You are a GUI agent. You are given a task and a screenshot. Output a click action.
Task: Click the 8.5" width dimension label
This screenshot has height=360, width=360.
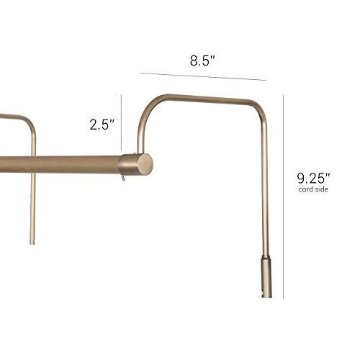coord(203,60)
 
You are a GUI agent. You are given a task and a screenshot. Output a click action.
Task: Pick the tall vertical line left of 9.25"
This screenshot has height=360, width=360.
coord(283,194)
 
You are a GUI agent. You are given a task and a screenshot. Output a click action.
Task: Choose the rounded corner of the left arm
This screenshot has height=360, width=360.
coord(30,124)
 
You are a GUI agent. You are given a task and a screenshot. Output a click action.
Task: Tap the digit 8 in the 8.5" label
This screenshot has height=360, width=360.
coord(194,60)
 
